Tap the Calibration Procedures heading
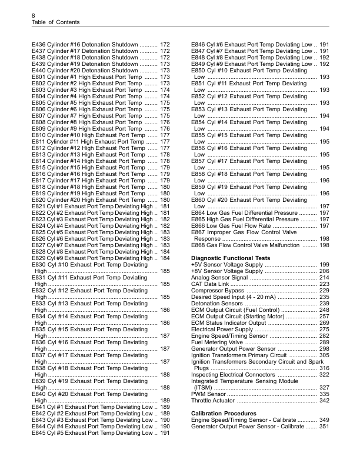(222, 414)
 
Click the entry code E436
(38, 45)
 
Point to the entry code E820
(38, 200)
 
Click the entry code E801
(38, 77)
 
